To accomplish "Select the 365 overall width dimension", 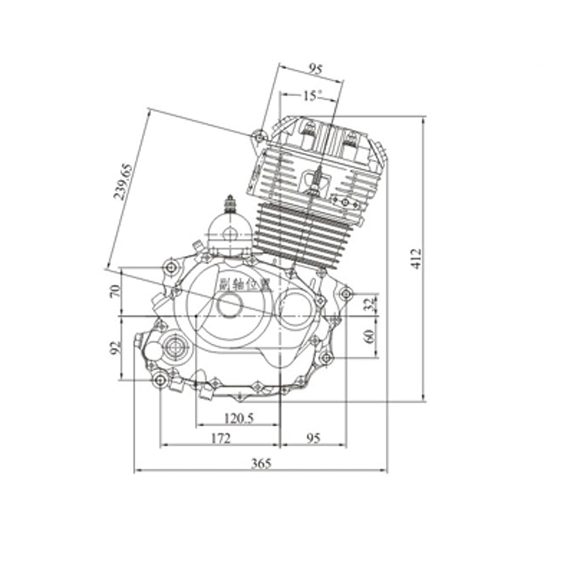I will [x=261, y=463].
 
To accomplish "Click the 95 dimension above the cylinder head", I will [x=315, y=69].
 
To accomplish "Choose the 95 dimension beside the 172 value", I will [x=313, y=438].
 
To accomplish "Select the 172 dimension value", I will [x=220, y=438].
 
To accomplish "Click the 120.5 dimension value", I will [x=238, y=418].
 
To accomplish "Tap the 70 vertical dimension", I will [x=115, y=291].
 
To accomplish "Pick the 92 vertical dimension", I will [x=115, y=348].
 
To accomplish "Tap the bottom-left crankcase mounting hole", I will [x=161, y=380].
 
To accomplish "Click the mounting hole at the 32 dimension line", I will [x=347, y=293].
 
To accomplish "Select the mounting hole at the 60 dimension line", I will [x=326, y=358].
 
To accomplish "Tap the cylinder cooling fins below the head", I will [x=302, y=233].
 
